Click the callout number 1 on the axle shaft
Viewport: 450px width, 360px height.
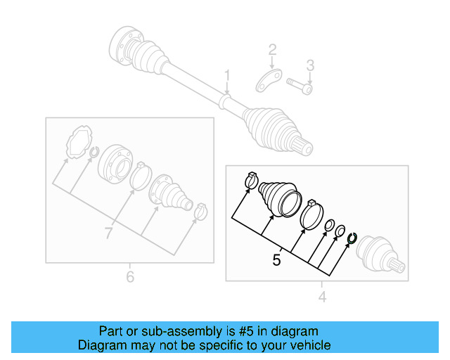(x=227, y=75)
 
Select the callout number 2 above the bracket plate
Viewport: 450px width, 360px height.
(x=272, y=50)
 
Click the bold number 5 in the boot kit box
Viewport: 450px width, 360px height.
(x=277, y=260)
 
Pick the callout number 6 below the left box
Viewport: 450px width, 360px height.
(x=129, y=277)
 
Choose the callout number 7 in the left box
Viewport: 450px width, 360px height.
(x=108, y=233)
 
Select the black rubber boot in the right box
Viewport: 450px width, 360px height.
(x=281, y=199)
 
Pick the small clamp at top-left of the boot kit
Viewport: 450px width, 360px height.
(x=250, y=181)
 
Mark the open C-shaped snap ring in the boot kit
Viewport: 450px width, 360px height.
(x=352, y=240)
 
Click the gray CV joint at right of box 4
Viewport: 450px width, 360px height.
(x=380, y=255)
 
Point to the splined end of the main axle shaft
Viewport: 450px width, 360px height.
(x=306, y=148)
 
